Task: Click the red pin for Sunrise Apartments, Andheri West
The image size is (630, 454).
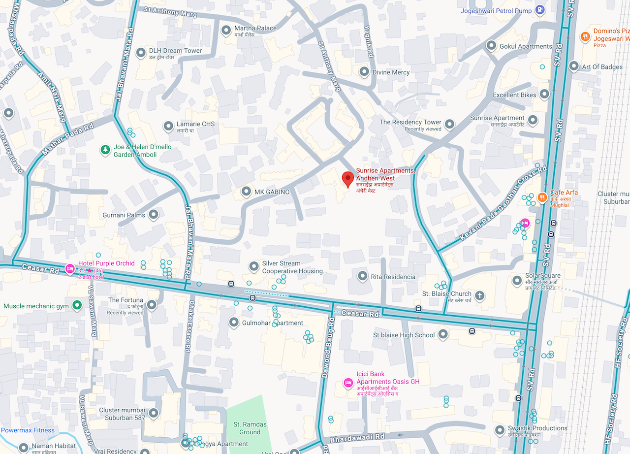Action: pos(348,179)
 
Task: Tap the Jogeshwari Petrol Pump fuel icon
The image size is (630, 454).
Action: pos(540,9)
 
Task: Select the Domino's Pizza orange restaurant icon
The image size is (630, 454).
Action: pos(585,36)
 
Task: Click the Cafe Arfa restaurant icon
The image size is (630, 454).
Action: pos(542,197)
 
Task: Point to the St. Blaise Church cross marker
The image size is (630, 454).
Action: pos(479,296)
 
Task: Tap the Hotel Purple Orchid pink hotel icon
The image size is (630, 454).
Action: pos(70,268)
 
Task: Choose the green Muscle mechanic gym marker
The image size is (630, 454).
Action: pos(77,306)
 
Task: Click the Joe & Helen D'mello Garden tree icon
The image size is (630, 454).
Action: pos(104,150)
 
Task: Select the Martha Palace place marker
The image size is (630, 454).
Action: pos(226,31)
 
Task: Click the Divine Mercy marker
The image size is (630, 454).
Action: pos(364,72)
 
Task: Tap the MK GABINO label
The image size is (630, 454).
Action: pos(272,192)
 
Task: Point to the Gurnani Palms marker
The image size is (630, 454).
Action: pos(154,214)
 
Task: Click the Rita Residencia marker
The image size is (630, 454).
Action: pos(363,276)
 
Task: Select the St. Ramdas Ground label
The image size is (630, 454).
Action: pos(250,428)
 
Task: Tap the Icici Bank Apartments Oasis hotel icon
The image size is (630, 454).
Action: pos(348,382)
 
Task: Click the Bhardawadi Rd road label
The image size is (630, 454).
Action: pos(357,437)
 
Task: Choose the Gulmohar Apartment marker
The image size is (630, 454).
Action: pos(234,323)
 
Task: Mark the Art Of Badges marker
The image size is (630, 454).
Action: pos(573,66)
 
